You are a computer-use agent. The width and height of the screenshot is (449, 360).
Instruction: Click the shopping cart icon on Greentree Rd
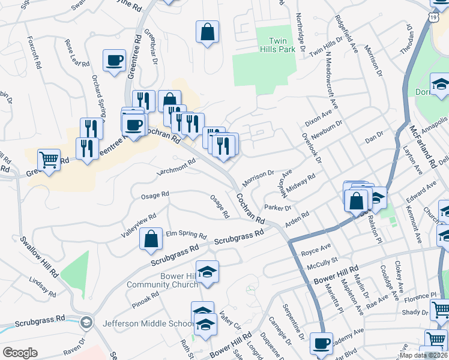click(49, 160)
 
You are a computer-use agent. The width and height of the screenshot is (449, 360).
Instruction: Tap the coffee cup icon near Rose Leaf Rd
click(114, 61)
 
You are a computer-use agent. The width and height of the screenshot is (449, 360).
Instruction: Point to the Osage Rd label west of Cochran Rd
click(155, 196)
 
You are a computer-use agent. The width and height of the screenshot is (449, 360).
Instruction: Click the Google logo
click(20, 353)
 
